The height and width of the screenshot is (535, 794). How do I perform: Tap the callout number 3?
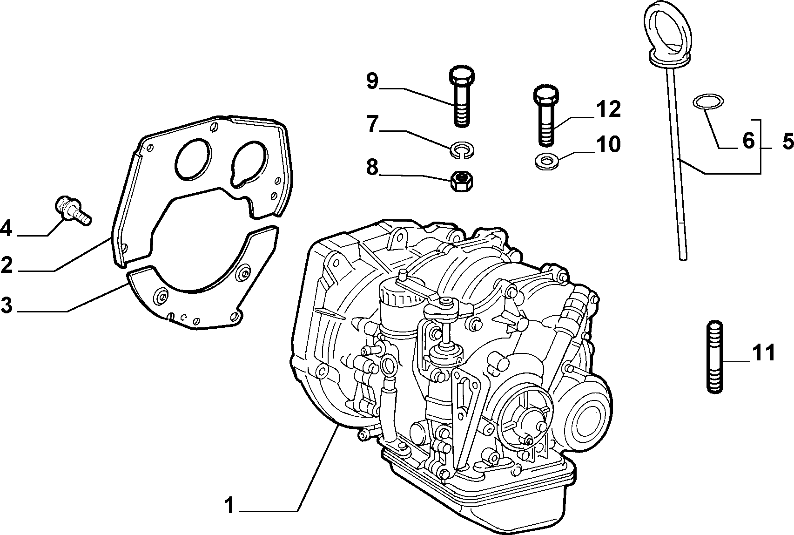(7, 305)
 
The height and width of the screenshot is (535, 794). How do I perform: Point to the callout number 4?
(6, 228)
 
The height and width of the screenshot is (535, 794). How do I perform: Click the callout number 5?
(787, 141)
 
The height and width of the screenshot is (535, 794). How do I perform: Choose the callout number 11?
(763, 353)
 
